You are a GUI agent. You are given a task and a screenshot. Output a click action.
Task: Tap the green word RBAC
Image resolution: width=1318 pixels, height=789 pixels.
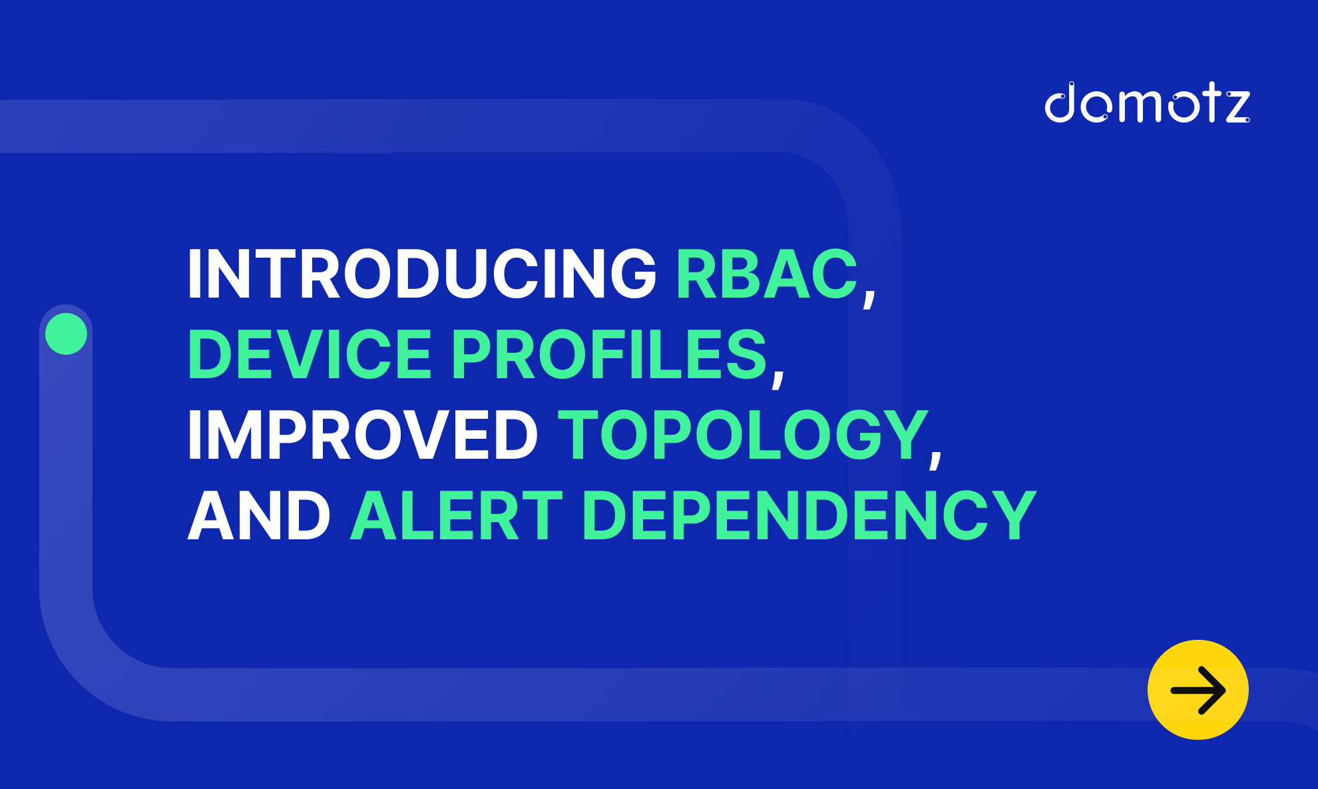[767, 274]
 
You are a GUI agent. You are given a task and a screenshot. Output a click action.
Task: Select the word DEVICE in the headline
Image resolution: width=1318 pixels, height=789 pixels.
[310, 354]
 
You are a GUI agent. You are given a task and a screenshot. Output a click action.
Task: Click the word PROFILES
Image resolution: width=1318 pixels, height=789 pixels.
[610, 354]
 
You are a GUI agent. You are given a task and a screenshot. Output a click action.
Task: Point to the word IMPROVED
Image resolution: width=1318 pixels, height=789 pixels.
[363, 435]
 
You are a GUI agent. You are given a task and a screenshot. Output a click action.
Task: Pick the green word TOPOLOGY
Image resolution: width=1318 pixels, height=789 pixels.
[743, 435]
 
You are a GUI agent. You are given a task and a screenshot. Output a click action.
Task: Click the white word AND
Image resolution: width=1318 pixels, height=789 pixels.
[259, 515]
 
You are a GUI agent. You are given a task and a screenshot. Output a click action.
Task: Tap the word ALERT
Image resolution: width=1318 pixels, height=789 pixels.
[457, 515]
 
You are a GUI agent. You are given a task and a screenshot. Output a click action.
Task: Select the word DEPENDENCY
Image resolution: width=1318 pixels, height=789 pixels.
[809, 515]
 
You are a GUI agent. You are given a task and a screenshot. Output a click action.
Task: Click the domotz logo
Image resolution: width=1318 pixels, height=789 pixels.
[1147, 103]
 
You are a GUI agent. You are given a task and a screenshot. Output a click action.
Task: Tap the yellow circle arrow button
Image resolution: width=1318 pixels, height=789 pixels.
[1198, 690]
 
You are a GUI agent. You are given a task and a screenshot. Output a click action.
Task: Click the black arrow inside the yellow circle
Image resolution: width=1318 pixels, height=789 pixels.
[1198, 690]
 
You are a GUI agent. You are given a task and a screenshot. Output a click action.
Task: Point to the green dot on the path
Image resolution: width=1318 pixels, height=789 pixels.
[66, 334]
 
